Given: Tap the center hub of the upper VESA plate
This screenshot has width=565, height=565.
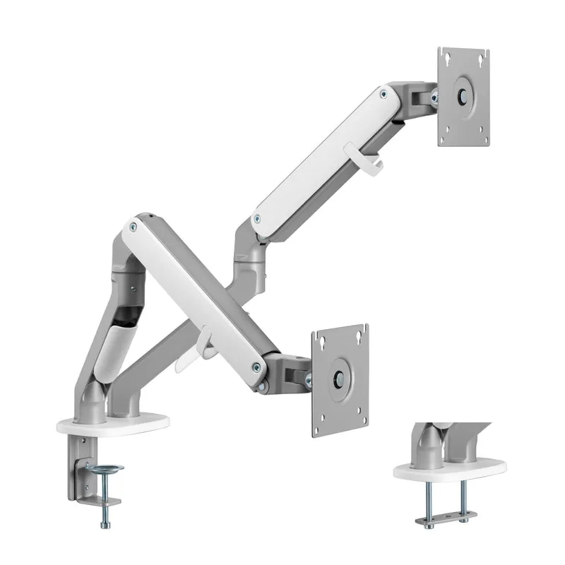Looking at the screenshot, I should point(464,96).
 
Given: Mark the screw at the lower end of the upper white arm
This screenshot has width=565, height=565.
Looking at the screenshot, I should point(258,218).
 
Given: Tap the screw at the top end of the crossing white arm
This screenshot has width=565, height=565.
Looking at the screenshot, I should point(131,226).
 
